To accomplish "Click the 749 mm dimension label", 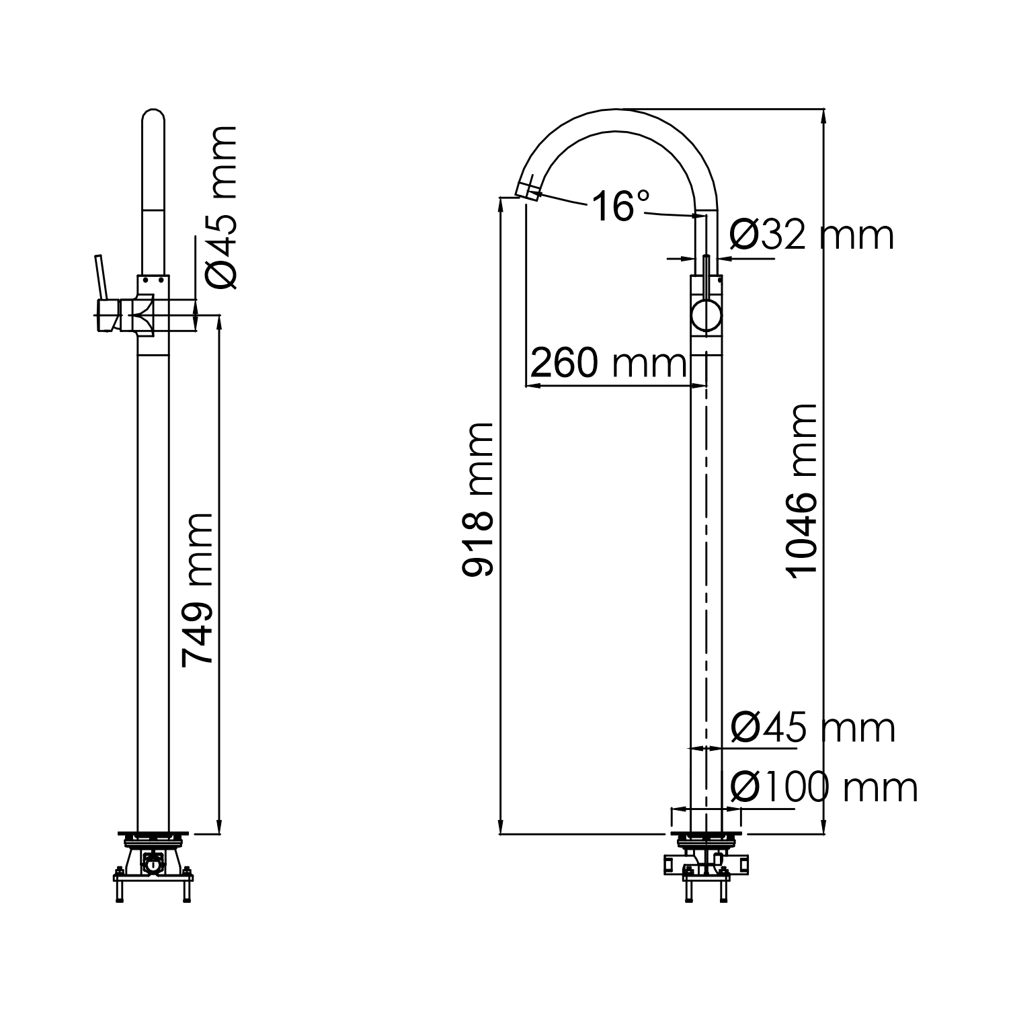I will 198,590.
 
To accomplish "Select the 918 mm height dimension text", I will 478,499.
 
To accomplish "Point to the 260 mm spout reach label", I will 608,364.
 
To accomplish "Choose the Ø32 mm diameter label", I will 811,235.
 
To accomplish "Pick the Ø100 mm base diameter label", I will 823,787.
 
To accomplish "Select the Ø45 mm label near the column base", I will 813,728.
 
